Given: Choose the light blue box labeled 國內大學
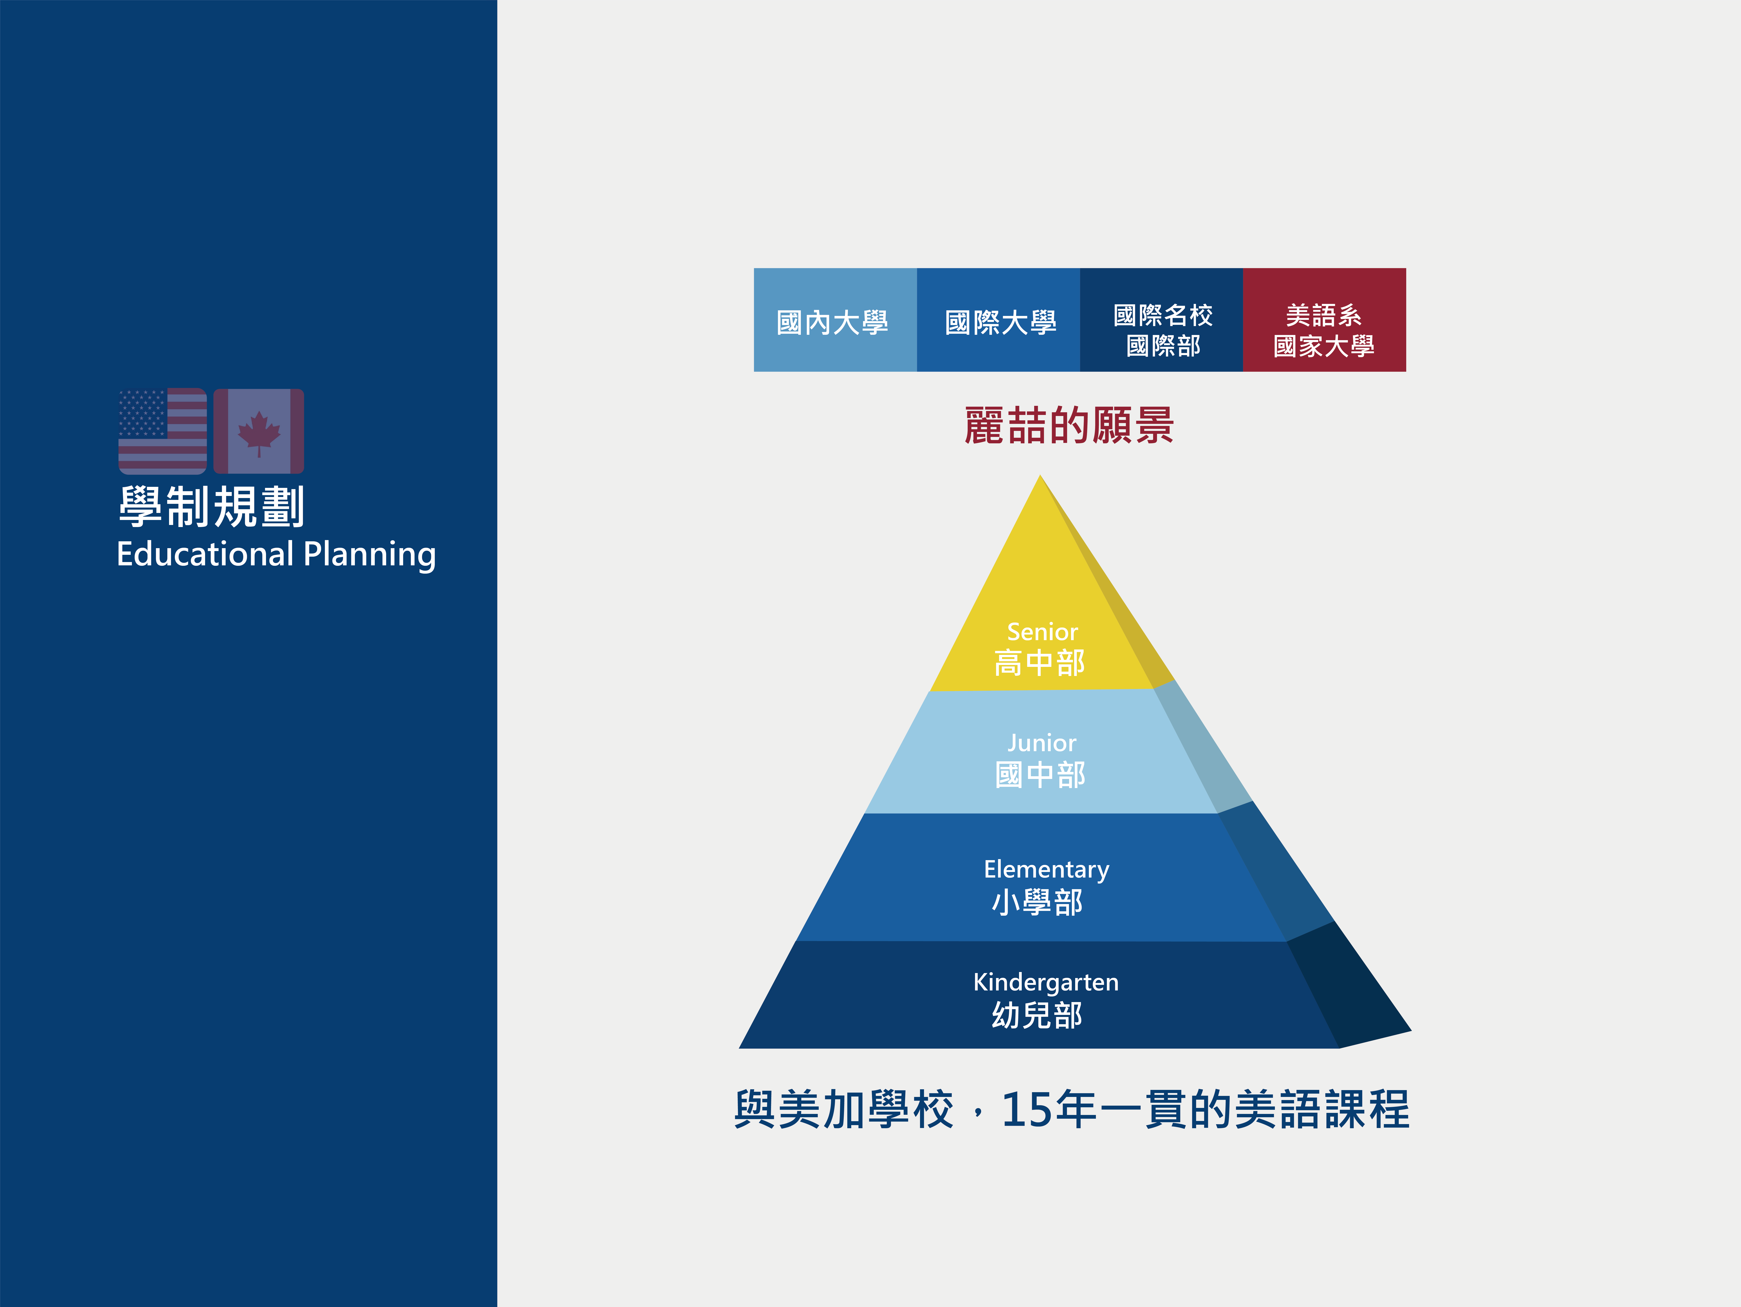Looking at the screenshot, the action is [835, 319].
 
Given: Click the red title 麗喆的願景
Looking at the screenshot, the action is [1069, 426].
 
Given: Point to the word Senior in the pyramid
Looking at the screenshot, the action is [1042, 632].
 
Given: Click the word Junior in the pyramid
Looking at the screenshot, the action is [1041, 743].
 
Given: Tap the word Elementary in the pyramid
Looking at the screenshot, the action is [1046, 869].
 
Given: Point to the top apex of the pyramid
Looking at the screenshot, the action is [1040, 475].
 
